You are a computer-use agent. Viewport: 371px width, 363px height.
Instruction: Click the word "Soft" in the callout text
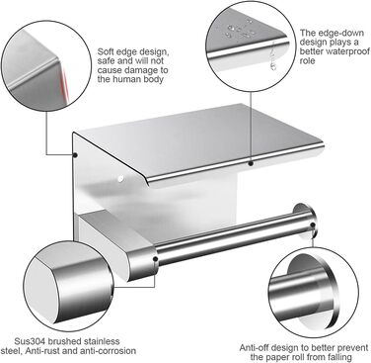[x=105, y=52]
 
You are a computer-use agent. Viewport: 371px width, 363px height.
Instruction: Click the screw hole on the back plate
[x=120, y=179]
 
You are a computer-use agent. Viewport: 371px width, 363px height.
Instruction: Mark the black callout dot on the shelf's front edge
[x=251, y=163]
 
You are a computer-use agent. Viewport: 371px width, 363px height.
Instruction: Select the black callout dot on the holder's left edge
[x=75, y=154]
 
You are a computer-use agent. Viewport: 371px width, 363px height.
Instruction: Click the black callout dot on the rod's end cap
[x=313, y=226]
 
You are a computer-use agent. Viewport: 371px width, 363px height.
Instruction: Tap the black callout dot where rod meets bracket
[x=155, y=259]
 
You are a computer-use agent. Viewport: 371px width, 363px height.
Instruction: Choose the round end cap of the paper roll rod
[x=305, y=220]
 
